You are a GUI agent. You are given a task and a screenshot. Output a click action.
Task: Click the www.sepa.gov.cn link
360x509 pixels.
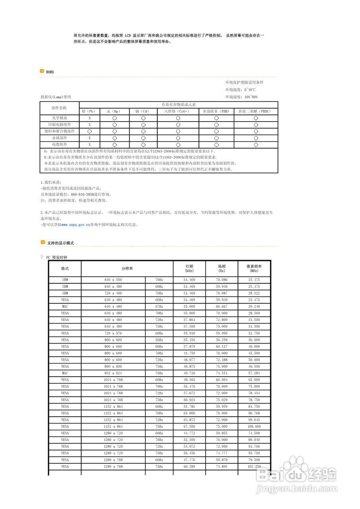(x=76, y=225)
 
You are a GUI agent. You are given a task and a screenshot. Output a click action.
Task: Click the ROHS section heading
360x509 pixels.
(x=50, y=72)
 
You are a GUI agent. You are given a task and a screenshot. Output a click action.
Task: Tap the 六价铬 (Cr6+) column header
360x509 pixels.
(x=177, y=111)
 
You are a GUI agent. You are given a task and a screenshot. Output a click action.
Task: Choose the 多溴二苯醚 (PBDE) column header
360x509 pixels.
(x=255, y=111)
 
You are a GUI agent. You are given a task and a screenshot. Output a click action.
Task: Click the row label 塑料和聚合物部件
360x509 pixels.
(x=59, y=131)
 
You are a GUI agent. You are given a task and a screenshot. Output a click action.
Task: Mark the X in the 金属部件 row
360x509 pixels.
(x=90, y=138)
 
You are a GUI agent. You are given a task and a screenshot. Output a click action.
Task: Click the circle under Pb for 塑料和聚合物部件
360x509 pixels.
(x=90, y=131)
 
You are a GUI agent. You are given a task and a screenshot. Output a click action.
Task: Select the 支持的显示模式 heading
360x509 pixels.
(x=60, y=243)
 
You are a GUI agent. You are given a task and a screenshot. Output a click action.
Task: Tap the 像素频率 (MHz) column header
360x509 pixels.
(x=254, y=268)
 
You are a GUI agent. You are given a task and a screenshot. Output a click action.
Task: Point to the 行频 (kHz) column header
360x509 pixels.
(x=189, y=268)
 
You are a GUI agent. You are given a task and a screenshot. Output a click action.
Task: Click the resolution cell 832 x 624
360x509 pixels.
(x=113, y=373)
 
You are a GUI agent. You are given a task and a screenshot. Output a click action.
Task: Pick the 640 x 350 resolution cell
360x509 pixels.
(x=113, y=280)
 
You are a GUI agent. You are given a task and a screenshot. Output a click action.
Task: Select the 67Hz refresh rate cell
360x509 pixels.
(x=159, y=307)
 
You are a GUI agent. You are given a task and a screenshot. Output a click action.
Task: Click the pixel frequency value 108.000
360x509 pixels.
(x=254, y=426)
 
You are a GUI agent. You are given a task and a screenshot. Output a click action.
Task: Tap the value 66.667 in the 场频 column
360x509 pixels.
(x=222, y=307)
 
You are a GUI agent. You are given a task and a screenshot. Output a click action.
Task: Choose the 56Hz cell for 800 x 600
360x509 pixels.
(x=159, y=340)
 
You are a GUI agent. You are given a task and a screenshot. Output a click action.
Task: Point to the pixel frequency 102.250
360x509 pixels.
(x=254, y=466)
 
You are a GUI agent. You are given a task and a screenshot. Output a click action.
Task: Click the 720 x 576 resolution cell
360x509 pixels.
(x=113, y=333)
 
